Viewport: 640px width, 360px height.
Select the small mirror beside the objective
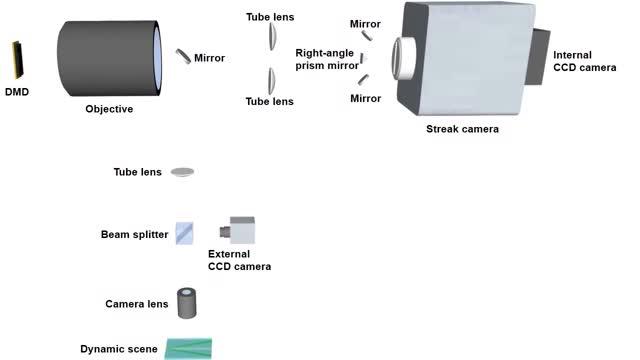coord(184,56)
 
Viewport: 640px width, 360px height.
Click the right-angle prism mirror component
coord(363,58)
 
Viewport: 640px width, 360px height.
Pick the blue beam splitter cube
coord(184,233)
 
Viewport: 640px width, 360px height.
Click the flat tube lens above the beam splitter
coord(182,172)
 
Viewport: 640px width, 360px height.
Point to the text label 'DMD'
coord(16,92)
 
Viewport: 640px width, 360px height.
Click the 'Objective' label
coord(109,109)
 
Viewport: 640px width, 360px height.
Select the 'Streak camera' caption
coord(462,128)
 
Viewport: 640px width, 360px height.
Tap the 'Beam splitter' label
coord(134,235)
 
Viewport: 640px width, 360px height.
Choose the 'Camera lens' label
coord(135,303)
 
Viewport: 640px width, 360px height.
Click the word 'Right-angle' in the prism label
coord(322,52)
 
